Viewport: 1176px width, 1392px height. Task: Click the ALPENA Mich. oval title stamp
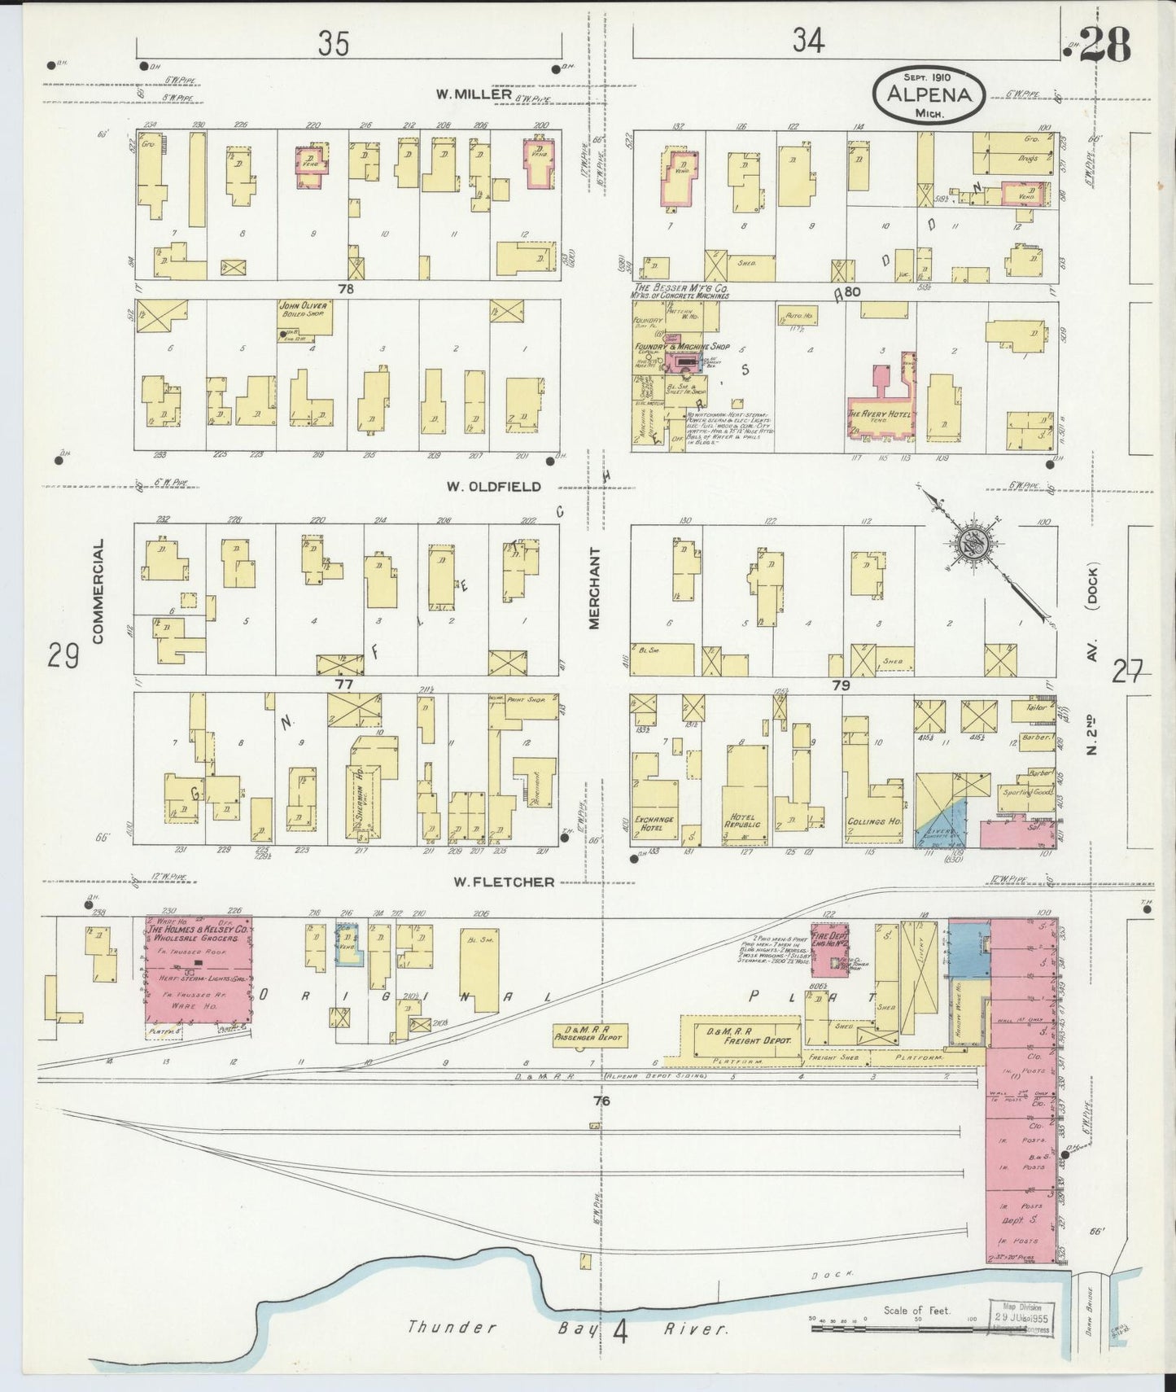click(928, 94)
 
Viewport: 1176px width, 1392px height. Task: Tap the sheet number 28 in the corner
click(1105, 46)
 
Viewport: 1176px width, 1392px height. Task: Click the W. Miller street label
click(473, 94)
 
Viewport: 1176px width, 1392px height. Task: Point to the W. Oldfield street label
click(493, 486)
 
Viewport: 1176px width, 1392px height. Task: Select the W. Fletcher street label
click(499, 882)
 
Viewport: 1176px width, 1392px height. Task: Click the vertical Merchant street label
click(594, 588)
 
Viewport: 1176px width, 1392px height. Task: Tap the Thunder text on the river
click(452, 1328)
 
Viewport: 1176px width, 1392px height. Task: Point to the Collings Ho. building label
click(874, 822)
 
